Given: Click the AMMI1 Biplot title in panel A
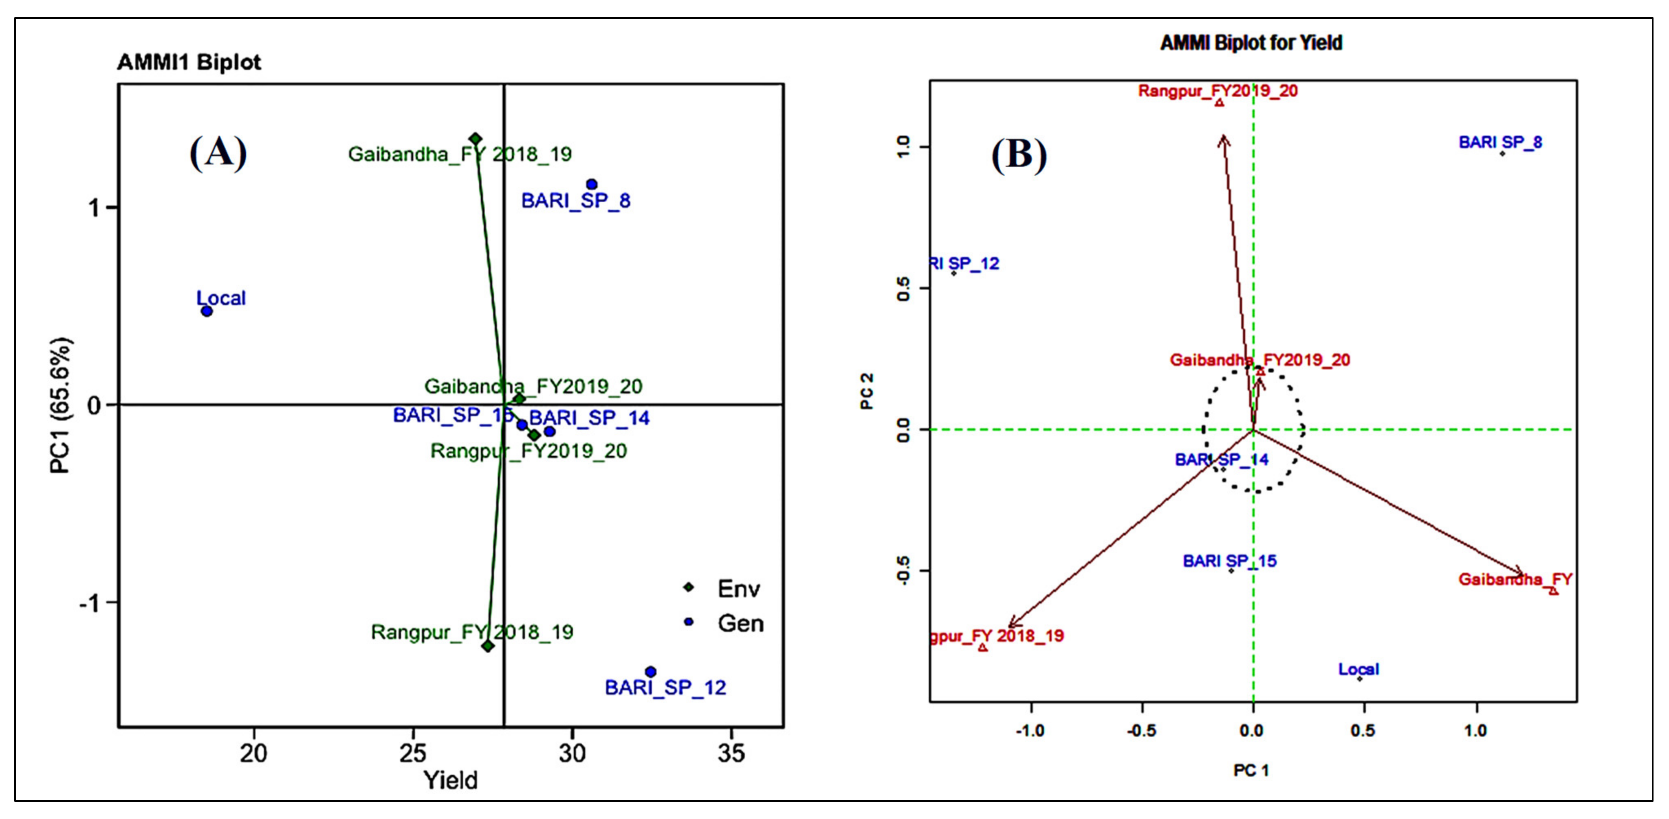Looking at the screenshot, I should pos(189,63).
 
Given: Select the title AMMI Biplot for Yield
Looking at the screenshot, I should pos(1251,43).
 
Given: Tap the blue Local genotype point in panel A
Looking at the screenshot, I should pos(207,311).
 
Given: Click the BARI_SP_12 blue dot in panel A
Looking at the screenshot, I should pos(650,672).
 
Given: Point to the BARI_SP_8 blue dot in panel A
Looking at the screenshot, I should pos(591,184).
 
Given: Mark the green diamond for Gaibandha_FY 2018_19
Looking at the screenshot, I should pos(475,138).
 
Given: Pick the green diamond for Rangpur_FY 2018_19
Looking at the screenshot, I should pos(488,646).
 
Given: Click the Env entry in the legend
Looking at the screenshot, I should pos(738,589).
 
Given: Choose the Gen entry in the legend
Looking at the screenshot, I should pos(740,624).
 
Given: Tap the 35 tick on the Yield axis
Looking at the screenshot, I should pos(731,753).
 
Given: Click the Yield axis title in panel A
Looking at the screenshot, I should pos(450,780).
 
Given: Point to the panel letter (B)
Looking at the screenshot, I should pos(1019,155).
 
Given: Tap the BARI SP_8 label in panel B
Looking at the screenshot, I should pos(1500,142).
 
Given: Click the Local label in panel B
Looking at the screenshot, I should pos(1359,669).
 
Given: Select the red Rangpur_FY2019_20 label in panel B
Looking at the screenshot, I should pos(1218,91).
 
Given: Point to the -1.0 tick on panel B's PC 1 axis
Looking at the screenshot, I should pos(1030,731).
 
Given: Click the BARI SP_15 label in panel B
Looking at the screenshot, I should pos(1229,561).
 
